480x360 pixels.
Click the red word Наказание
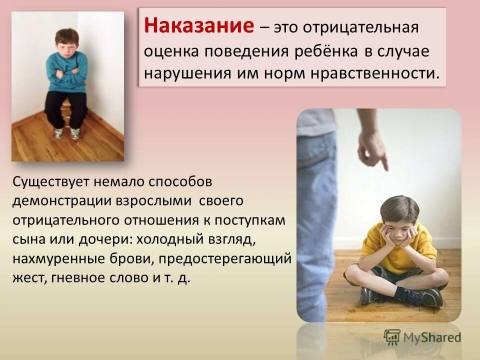(x=199, y=26)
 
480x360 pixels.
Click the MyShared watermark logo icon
(x=392, y=336)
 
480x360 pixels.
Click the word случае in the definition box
(x=404, y=51)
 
